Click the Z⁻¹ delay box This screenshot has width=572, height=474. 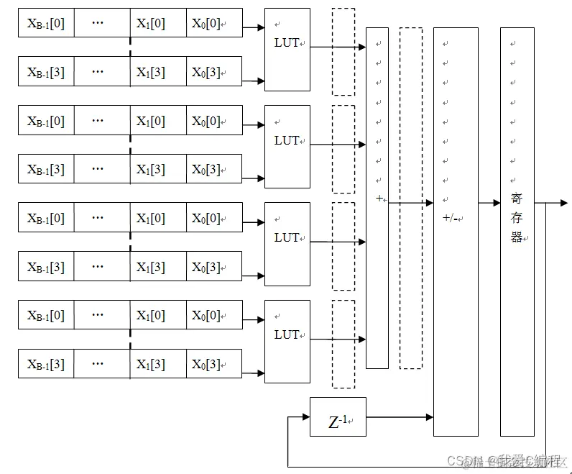tap(338, 416)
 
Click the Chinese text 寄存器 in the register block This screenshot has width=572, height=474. tap(516, 217)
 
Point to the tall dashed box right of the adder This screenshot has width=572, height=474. tap(410, 198)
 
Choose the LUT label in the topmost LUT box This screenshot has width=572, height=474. tap(287, 42)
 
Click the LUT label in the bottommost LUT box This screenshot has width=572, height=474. tap(287, 334)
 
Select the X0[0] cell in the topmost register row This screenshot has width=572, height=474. tap(206, 24)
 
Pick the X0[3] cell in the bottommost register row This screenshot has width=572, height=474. tap(206, 364)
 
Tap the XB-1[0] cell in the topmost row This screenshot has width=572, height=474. tap(46, 24)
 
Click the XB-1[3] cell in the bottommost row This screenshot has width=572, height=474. tap(46, 364)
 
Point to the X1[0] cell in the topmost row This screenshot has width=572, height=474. tap(151, 24)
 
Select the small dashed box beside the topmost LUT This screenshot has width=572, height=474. tap(343, 52)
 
